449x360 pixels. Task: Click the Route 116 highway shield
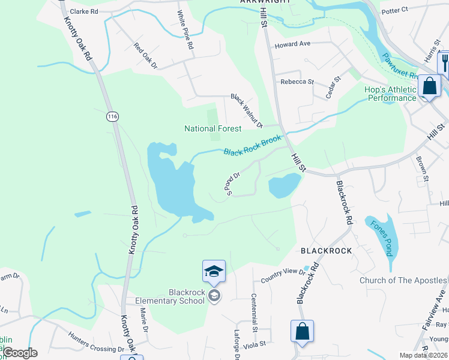[112, 116]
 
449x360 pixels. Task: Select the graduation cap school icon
[214, 272]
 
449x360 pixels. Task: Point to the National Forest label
[212, 128]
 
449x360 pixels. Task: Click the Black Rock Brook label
[252, 146]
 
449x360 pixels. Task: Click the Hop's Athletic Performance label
[390, 94]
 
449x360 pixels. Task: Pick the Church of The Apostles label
[403, 280]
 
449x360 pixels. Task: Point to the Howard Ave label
[292, 44]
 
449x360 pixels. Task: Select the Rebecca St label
[297, 82]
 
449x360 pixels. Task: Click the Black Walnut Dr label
[247, 110]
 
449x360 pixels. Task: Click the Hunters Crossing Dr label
[95, 341]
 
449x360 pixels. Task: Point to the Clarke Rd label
[83, 11]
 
